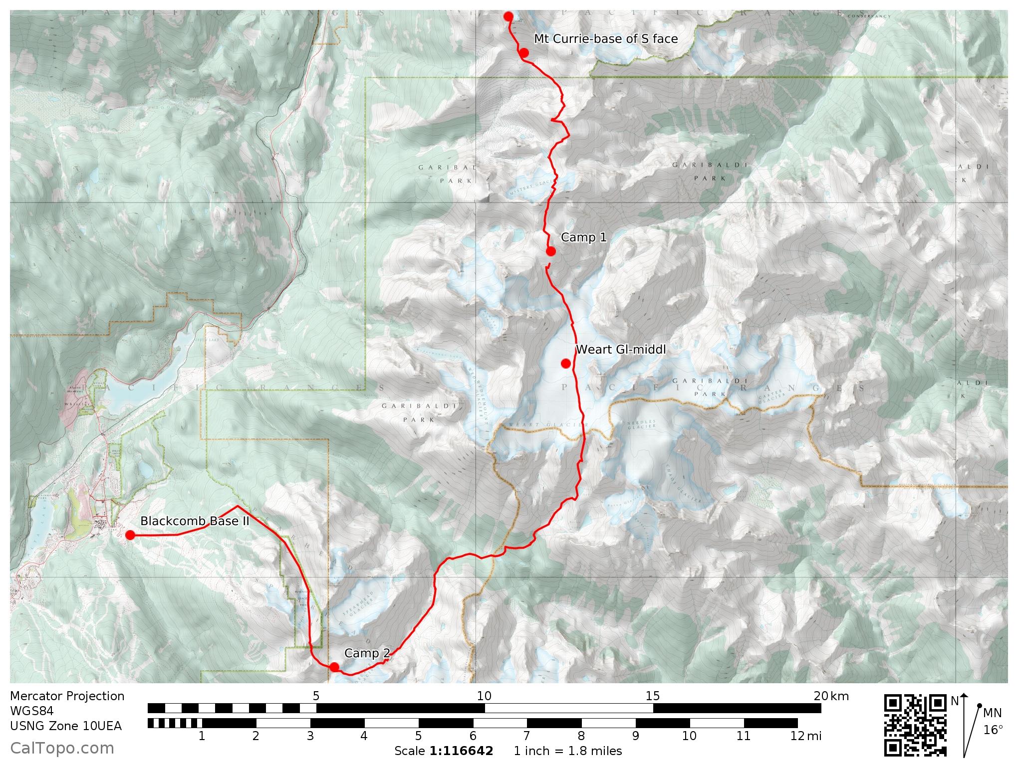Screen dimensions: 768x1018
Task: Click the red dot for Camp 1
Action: [551, 251]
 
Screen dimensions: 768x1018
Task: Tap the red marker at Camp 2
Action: [334, 667]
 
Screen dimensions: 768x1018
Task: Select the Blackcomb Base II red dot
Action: [130, 535]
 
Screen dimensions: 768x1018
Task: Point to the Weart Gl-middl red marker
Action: [565, 363]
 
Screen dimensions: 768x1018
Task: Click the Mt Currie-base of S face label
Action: [605, 39]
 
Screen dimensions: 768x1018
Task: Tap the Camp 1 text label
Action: [583, 237]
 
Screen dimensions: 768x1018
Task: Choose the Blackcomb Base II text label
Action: [195, 521]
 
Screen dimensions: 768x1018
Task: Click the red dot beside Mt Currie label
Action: [524, 52]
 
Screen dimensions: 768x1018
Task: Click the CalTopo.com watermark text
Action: [62, 749]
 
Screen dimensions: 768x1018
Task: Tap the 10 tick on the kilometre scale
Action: [484, 696]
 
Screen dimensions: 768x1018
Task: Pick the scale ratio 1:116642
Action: [461, 751]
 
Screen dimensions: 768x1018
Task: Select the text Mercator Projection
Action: [67, 696]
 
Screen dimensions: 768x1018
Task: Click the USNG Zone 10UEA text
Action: [66, 726]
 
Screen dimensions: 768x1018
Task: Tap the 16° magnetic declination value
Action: [993, 731]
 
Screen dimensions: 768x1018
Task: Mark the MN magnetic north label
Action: [992, 714]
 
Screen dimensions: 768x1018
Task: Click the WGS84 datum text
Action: [32, 711]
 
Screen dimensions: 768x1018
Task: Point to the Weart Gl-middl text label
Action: [620, 350]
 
